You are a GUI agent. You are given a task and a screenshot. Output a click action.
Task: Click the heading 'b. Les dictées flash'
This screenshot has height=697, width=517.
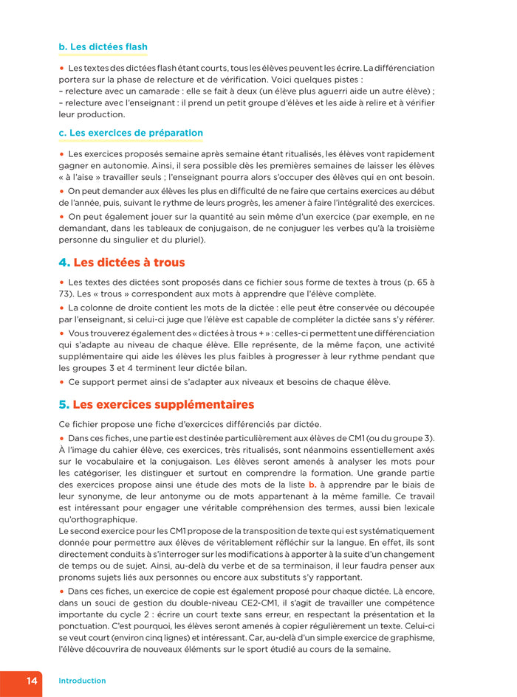tap(103, 47)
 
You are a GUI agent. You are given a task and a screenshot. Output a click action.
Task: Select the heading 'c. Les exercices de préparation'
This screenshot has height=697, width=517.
tap(130, 133)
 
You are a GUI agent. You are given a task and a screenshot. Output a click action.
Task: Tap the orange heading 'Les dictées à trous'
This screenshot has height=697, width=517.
tap(129, 263)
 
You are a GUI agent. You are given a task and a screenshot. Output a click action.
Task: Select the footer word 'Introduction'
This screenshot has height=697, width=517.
tap(82, 681)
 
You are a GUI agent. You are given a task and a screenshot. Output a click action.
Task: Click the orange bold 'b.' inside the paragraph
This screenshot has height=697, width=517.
tap(312, 485)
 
